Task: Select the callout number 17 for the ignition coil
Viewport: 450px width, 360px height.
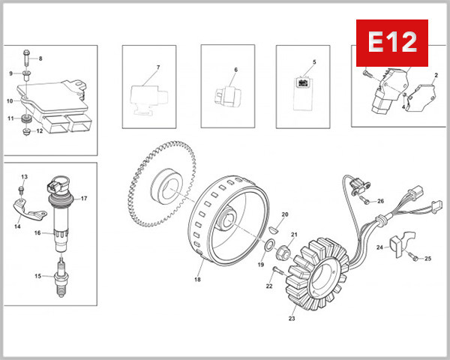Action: click(84, 199)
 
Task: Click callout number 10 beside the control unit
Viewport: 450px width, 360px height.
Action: click(10, 100)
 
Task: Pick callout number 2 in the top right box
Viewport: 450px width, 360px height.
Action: click(436, 76)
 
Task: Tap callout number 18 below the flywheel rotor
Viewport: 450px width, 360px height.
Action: click(198, 280)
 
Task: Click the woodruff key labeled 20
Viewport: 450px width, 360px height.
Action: click(275, 230)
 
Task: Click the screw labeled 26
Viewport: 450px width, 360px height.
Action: click(364, 200)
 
